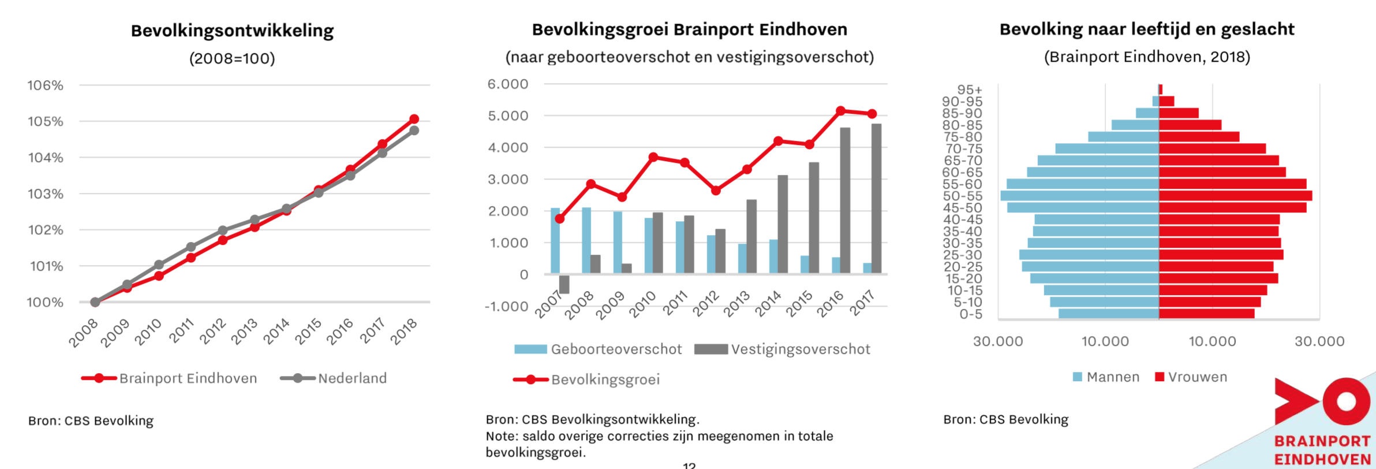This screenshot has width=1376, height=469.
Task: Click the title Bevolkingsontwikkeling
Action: click(x=232, y=31)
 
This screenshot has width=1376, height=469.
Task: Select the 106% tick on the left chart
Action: click(x=46, y=85)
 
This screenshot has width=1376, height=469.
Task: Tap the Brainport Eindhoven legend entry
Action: click(x=170, y=378)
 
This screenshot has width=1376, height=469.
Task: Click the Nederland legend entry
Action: click(x=334, y=378)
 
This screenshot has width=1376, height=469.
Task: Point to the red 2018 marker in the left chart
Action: click(x=414, y=119)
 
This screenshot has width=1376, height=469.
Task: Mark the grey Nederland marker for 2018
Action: click(x=414, y=131)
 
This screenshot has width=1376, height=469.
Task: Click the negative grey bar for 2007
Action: click(x=564, y=284)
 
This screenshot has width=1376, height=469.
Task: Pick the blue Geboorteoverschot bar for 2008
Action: click(x=586, y=240)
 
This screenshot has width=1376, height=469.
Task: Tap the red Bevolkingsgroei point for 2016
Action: click(x=840, y=111)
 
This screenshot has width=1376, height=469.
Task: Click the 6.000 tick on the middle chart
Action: click(x=508, y=84)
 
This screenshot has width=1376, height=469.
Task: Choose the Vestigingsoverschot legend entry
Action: click(x=783, y=349)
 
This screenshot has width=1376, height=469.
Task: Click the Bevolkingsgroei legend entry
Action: click(x=586, y=379)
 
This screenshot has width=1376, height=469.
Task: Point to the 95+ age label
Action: click(x=969, y=90)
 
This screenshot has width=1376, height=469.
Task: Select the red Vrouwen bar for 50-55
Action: click(x=1235, y=196)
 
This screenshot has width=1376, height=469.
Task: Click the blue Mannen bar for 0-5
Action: click(x=1108, y=314)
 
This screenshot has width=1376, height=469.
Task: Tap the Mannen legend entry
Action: click(x=1106, y=377)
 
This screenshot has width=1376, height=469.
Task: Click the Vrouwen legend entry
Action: click(x=1191, y=377)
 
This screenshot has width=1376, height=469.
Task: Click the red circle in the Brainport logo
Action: click(x=1346, y=401)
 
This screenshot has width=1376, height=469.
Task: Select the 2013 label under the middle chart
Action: click(x=736, y=304)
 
